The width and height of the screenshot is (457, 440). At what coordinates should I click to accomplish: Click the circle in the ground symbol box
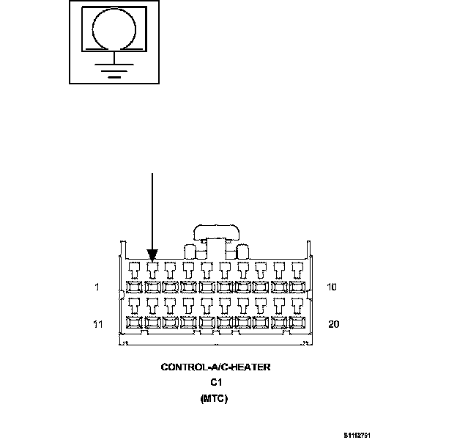(114, 29)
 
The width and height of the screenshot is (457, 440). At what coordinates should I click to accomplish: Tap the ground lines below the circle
(114, 69)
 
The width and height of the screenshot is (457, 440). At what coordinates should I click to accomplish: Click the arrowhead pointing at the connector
(152, 255)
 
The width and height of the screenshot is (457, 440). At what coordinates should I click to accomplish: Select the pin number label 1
(97, 287)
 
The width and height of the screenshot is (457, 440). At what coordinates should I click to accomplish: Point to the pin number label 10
(332, 287)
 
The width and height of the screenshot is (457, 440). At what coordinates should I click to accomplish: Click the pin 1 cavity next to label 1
(134, 287)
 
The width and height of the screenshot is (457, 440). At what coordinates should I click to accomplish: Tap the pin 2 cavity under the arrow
(152, 287)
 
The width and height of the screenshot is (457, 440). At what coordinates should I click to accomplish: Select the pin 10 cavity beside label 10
(298, 287)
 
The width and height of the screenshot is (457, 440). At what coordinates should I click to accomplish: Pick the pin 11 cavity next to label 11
(134, 322)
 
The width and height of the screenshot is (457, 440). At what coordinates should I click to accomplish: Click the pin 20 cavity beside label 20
(298, 322)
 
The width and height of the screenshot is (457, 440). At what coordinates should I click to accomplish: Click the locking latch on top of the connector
(216, 234)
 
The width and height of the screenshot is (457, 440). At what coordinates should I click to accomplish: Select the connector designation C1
(216, 383)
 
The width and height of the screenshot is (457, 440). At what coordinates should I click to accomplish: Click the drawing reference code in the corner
(359, 433)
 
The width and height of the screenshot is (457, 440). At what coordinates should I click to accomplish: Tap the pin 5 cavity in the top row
(207, 287)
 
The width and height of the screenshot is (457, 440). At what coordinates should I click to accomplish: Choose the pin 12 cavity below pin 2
(152, 322)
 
